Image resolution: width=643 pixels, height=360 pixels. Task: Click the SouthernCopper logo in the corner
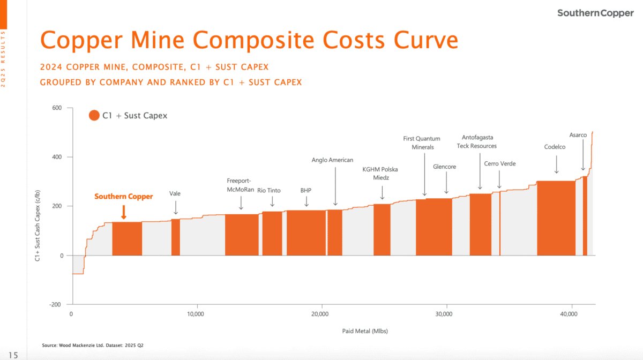595,13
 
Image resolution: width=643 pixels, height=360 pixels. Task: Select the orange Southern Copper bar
127,238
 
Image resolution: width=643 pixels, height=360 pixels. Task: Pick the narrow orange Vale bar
176,237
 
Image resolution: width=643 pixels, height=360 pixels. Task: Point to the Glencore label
444,167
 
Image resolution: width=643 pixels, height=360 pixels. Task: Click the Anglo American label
332,160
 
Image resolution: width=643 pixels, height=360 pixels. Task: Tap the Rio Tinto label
269,190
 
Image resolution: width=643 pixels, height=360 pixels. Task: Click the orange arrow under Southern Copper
124,212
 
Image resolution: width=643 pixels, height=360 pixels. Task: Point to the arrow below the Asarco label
583,158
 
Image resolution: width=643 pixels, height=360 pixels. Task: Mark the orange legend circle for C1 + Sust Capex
94,116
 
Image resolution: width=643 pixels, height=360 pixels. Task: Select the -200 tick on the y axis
55,304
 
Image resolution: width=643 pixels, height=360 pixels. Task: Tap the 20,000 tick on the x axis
320,314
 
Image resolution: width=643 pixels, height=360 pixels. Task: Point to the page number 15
13,355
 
